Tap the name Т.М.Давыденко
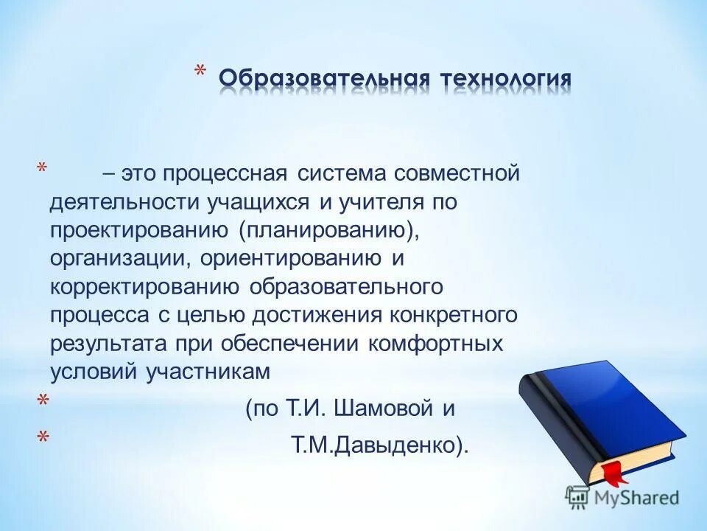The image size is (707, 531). pyautogui.click(x=379, y=445)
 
